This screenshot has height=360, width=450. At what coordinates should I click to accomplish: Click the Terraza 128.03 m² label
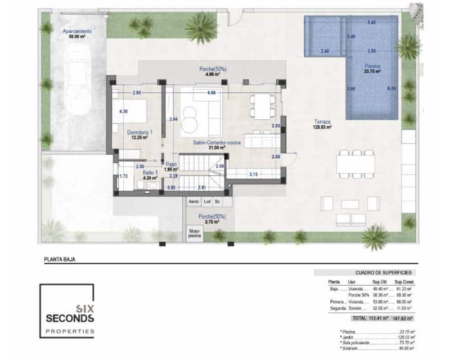(x=322, y=124)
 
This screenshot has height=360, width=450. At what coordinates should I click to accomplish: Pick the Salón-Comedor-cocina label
(x=217, y=143)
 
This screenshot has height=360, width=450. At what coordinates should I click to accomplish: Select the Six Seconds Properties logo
(x=67, y=311)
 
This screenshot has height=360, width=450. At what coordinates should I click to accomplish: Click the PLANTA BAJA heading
(x=60, y=259)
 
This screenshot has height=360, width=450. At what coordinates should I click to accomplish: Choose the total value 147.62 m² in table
(x=403, y=317)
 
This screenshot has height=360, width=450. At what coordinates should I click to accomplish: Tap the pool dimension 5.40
(x=371, y=22)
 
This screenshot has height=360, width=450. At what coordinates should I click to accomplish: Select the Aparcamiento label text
(x=77, y=31)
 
